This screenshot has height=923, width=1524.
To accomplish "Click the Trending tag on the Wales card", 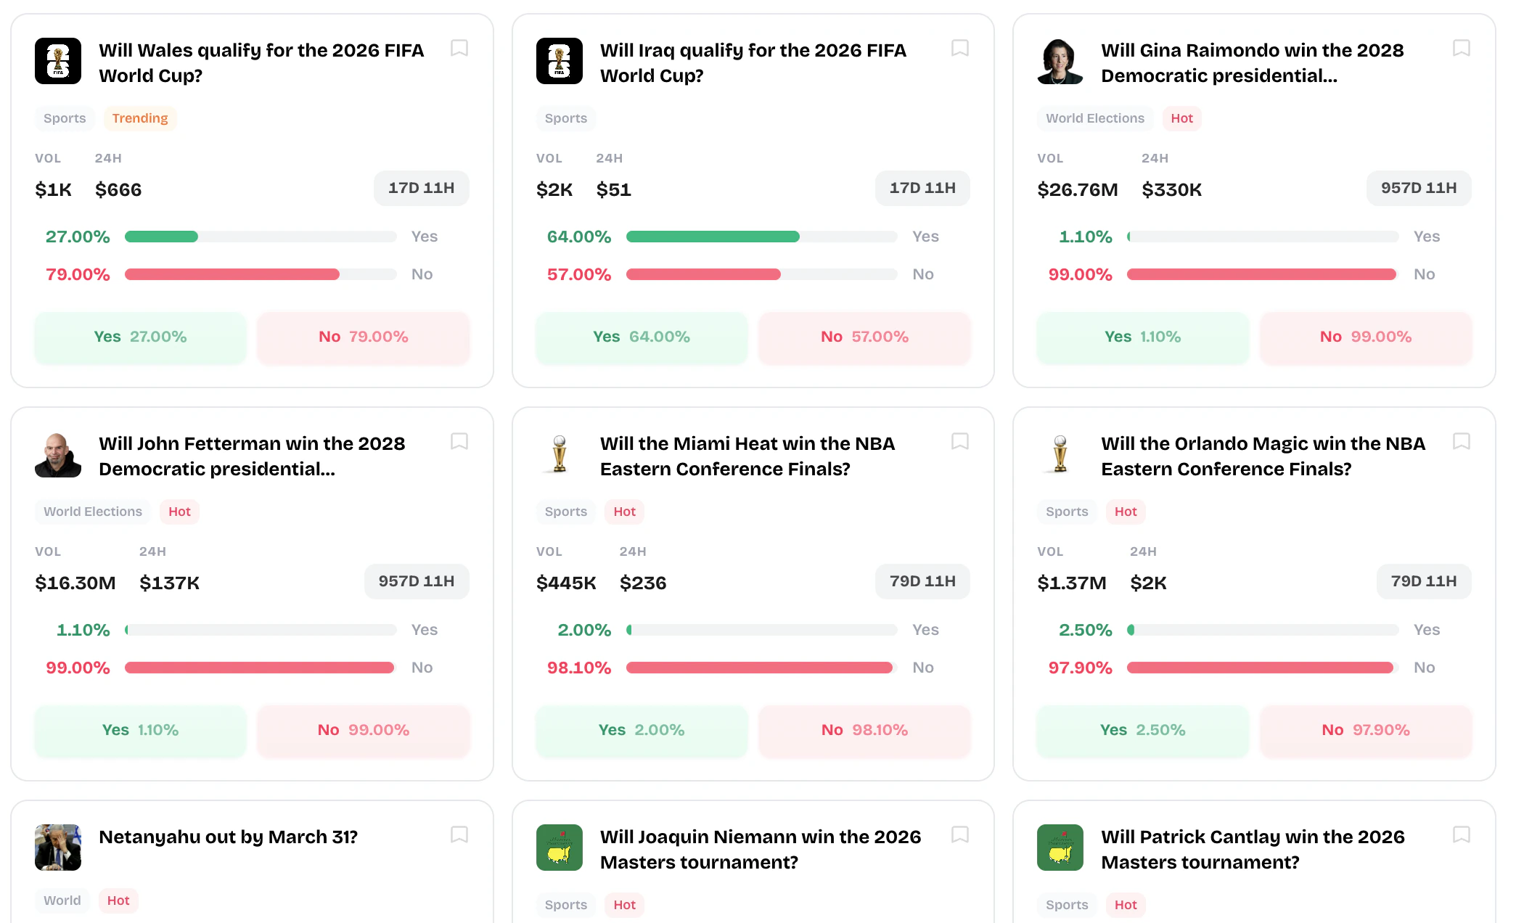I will tap(139, 118).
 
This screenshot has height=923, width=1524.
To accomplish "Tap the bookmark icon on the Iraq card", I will tap(959, 48).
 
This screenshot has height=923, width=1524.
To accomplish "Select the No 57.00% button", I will tap(864, 337).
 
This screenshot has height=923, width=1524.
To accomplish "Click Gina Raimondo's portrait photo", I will tap(1060, 61).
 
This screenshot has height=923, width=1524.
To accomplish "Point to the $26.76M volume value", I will tap(1077, 189).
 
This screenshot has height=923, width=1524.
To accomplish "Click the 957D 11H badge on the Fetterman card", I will tap(416, 581).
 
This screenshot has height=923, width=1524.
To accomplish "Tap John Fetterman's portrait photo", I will tap(58, 455).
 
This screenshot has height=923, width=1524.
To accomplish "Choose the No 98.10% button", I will tap(864, 730).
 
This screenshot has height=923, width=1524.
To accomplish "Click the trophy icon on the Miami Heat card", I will tap(559, 454).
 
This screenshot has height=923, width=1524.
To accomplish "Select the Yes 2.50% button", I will tap(1142, 730).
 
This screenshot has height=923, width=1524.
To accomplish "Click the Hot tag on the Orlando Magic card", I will tap(1125, 512).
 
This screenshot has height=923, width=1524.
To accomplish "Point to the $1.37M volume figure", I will tap(1071, 583).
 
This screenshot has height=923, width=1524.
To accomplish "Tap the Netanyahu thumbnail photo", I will tap(58, 847).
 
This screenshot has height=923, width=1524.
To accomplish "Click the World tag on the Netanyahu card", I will tap(62, 901).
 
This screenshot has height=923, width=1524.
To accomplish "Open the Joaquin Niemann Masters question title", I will tap(760, 849).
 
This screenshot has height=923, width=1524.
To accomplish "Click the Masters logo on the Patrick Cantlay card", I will tap(1060, 847).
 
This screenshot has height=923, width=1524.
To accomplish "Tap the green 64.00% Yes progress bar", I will tap(712, 237).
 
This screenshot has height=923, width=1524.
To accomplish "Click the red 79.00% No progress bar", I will tap(232, 274).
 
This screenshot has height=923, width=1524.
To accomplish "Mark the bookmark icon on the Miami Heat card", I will tap(959, 441).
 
